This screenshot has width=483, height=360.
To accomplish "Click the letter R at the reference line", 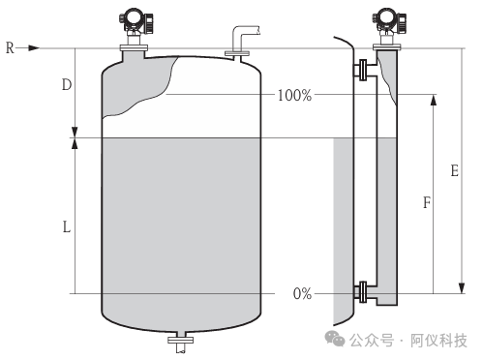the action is (x=10, y=48).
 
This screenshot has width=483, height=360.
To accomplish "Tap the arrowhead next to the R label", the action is (x=34, y=48).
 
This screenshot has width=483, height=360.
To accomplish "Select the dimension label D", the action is (x=67, y=85).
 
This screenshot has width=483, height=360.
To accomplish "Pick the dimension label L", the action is (x=67, y=227).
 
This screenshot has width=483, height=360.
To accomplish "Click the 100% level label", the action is (x=294, y=95).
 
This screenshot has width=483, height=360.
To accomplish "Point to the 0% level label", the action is (x=302, y=294).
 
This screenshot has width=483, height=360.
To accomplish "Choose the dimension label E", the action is (x=455, y=170).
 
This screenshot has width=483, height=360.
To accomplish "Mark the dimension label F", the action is (x=427, y=202).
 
